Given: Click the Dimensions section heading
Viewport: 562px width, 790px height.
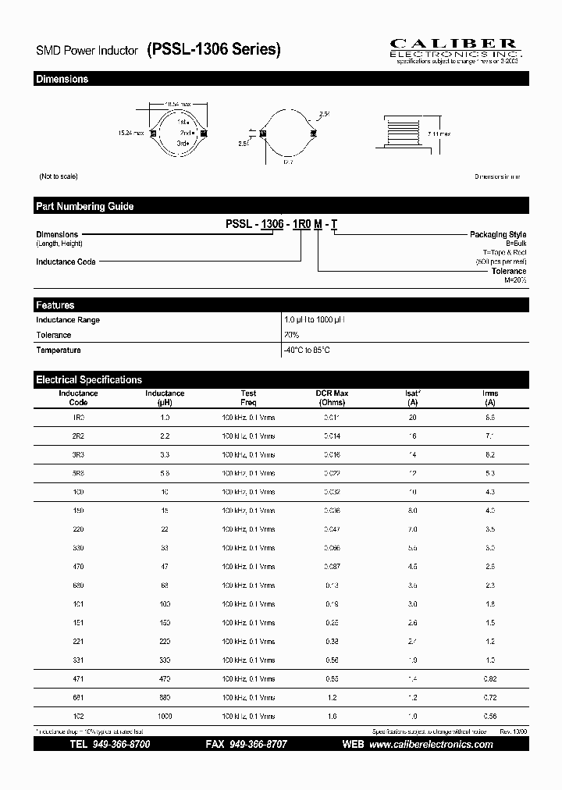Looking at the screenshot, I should (x=62, y=80).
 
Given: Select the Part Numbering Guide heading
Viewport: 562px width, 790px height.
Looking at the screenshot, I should (x=84, y=207).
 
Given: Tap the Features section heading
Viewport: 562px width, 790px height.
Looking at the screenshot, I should (x=55, y=305).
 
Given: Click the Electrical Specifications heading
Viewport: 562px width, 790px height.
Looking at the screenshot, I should (x=89, y=380).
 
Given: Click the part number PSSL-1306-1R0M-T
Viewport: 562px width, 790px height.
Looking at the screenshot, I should (x=281, y=224).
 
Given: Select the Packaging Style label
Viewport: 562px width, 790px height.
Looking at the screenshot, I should (x=497, y=234).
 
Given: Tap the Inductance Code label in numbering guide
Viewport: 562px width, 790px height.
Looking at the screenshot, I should (x=66, y=262).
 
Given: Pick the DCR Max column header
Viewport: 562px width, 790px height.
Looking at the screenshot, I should (x=332, y=398).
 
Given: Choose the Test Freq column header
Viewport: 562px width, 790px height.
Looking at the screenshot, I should (x=248, y=398).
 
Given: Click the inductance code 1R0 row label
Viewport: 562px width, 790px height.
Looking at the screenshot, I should (x=78, y=418).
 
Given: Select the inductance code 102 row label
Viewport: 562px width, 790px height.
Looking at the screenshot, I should (x=78, y=716).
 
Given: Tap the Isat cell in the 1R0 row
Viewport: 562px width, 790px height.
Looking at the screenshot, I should (x=412, y=418).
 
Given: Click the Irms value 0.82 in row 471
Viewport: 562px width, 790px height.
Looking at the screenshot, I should (x=490, y=678).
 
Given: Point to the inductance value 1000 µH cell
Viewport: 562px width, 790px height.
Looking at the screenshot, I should (x=165, y=716).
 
